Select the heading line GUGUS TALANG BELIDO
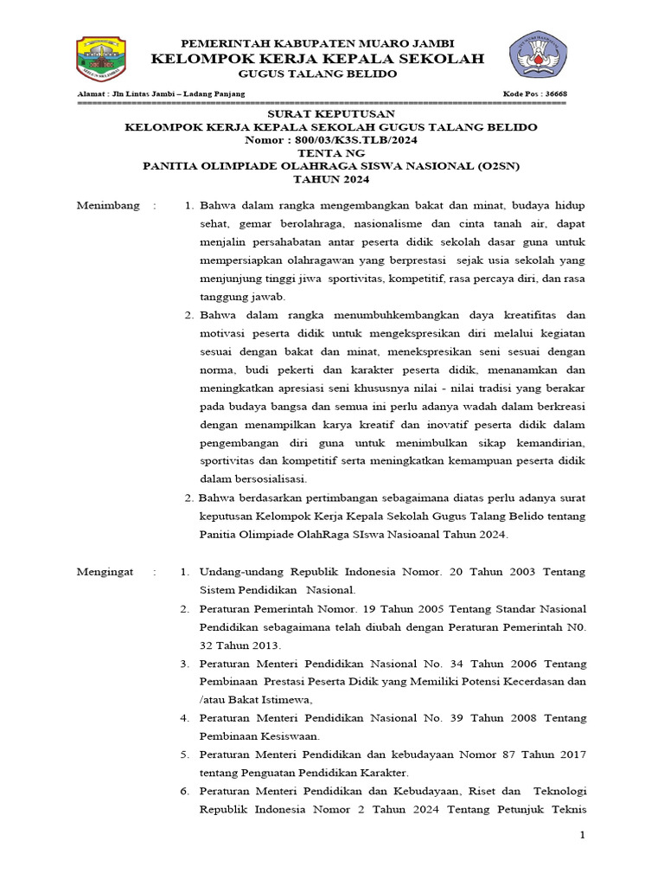pos(317,74)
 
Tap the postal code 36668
pos(554,93)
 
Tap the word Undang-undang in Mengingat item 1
pos(239,572)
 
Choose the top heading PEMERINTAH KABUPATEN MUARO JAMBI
pos(317,43)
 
